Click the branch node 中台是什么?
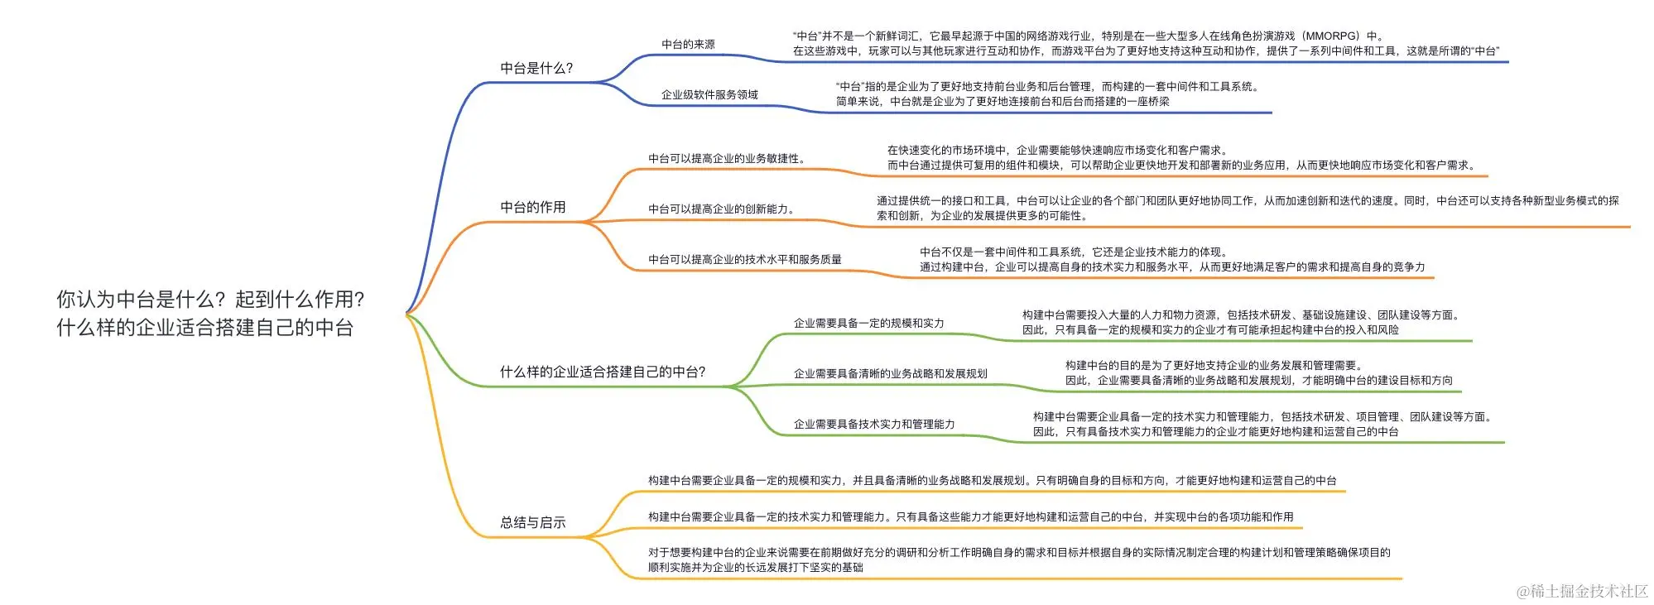pos(536,69)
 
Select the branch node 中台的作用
pos(533,208)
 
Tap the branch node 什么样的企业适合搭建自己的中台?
pos(603,372)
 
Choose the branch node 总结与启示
pos(533,523)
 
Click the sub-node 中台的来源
pos(688,45)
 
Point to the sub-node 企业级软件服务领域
pos(709,95)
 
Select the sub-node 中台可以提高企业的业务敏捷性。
pos(727,159)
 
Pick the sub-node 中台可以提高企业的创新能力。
pos(722,209)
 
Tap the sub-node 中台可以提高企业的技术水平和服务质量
pos(745,260)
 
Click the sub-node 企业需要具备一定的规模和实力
pos(868,324)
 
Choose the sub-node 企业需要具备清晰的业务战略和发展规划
pos(890,374)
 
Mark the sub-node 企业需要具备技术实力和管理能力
pos(874,425)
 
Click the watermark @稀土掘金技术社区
pos(1582,591)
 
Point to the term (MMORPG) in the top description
pos(1330,36)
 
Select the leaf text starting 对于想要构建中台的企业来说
pos(1018,553)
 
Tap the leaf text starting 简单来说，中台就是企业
pos(1002,102)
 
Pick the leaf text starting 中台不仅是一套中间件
pos(1073,252)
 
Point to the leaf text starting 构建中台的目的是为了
pos(1214,366)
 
